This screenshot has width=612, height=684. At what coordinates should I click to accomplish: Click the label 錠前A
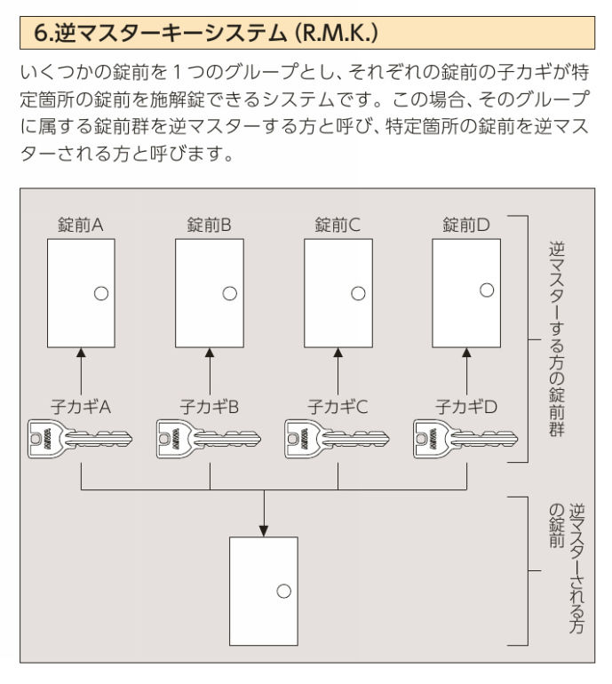(x=81, y=225)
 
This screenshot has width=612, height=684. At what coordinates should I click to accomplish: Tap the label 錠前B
(x=209, y=225)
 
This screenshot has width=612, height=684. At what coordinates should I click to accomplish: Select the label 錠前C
(x=338, y=225)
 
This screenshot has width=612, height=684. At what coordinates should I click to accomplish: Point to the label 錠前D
(x=465, y=225)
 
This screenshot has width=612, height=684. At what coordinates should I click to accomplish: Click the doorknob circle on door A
(x=101, y=293)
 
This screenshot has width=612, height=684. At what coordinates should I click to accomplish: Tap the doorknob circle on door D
(x=487, y=290)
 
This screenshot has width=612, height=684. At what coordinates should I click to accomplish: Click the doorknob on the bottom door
(x=284, y=592)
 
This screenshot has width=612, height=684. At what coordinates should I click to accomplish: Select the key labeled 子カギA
(x=80, y=439)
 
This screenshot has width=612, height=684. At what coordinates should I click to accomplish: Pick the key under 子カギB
(x=209, y=439)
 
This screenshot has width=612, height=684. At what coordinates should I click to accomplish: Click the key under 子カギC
(x=338, y=439)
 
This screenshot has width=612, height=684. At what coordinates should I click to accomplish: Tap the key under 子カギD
(x=465, y=439)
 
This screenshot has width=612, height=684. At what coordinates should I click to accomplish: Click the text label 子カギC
(x=338, y=407)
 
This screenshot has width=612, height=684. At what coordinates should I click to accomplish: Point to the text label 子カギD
(x=466, y=407)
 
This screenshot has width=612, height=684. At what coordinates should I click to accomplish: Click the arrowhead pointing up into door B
(x=210, y=353)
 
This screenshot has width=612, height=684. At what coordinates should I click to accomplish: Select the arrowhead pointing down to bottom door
(x=264, y=531)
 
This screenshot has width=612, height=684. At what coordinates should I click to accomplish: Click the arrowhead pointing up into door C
(x=338, y=353)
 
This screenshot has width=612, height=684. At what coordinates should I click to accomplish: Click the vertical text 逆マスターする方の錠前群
(x=557, y=339)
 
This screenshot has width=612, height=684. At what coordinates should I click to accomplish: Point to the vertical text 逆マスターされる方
(x=576, y=569)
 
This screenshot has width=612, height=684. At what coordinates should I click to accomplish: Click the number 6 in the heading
(x=40, y=33)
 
